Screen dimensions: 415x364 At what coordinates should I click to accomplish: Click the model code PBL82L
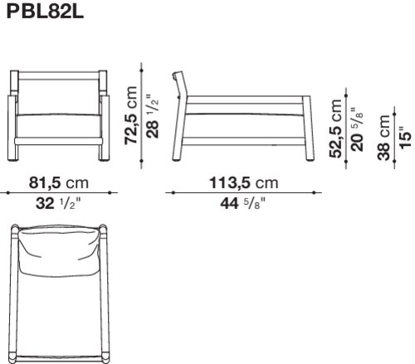[x=45, y=12]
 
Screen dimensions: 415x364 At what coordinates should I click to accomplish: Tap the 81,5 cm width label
[x=59, y=182]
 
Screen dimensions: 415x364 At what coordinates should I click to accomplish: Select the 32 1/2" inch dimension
[x=58, y=203]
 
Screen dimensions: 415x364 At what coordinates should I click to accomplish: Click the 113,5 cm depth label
[x=244, y=182]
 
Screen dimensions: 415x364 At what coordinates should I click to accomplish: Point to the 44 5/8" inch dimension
[x=242, y=203]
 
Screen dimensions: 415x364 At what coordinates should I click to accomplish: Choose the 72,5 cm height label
[x=131, y=115]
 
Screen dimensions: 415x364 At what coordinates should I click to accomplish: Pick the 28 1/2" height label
[x=153, y=116]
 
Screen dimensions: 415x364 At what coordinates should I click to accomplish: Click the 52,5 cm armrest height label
[x=335, y=129]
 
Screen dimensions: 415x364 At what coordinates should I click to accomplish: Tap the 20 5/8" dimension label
[x=357, y=129]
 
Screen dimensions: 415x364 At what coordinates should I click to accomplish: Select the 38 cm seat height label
[x=383, y=138]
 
